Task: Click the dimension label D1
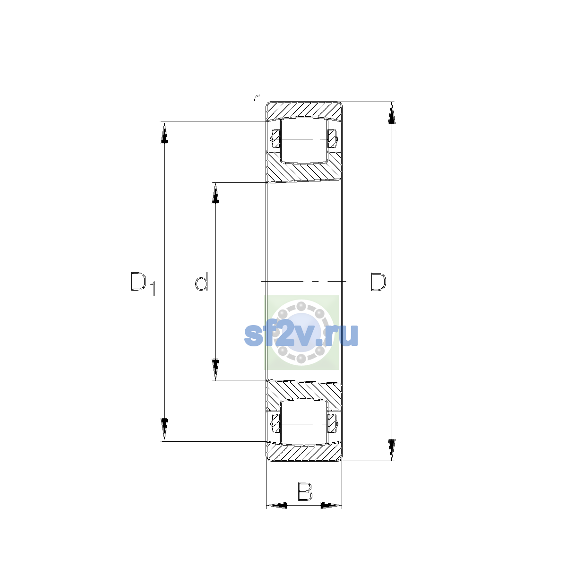pyautogui.click(x=143, y=283)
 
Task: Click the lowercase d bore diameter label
pyautogui.click(x=202, y=282)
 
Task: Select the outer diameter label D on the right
pyautogui.click(x=378, y=282)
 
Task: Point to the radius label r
pyautogui.click(x=256, y=101)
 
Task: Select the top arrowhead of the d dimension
pyautogui.click(x=215, y=193)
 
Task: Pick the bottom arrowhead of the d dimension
pyautogui.click(x=215, y=369)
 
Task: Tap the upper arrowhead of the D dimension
pyautogui.click(x=391, y=113)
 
